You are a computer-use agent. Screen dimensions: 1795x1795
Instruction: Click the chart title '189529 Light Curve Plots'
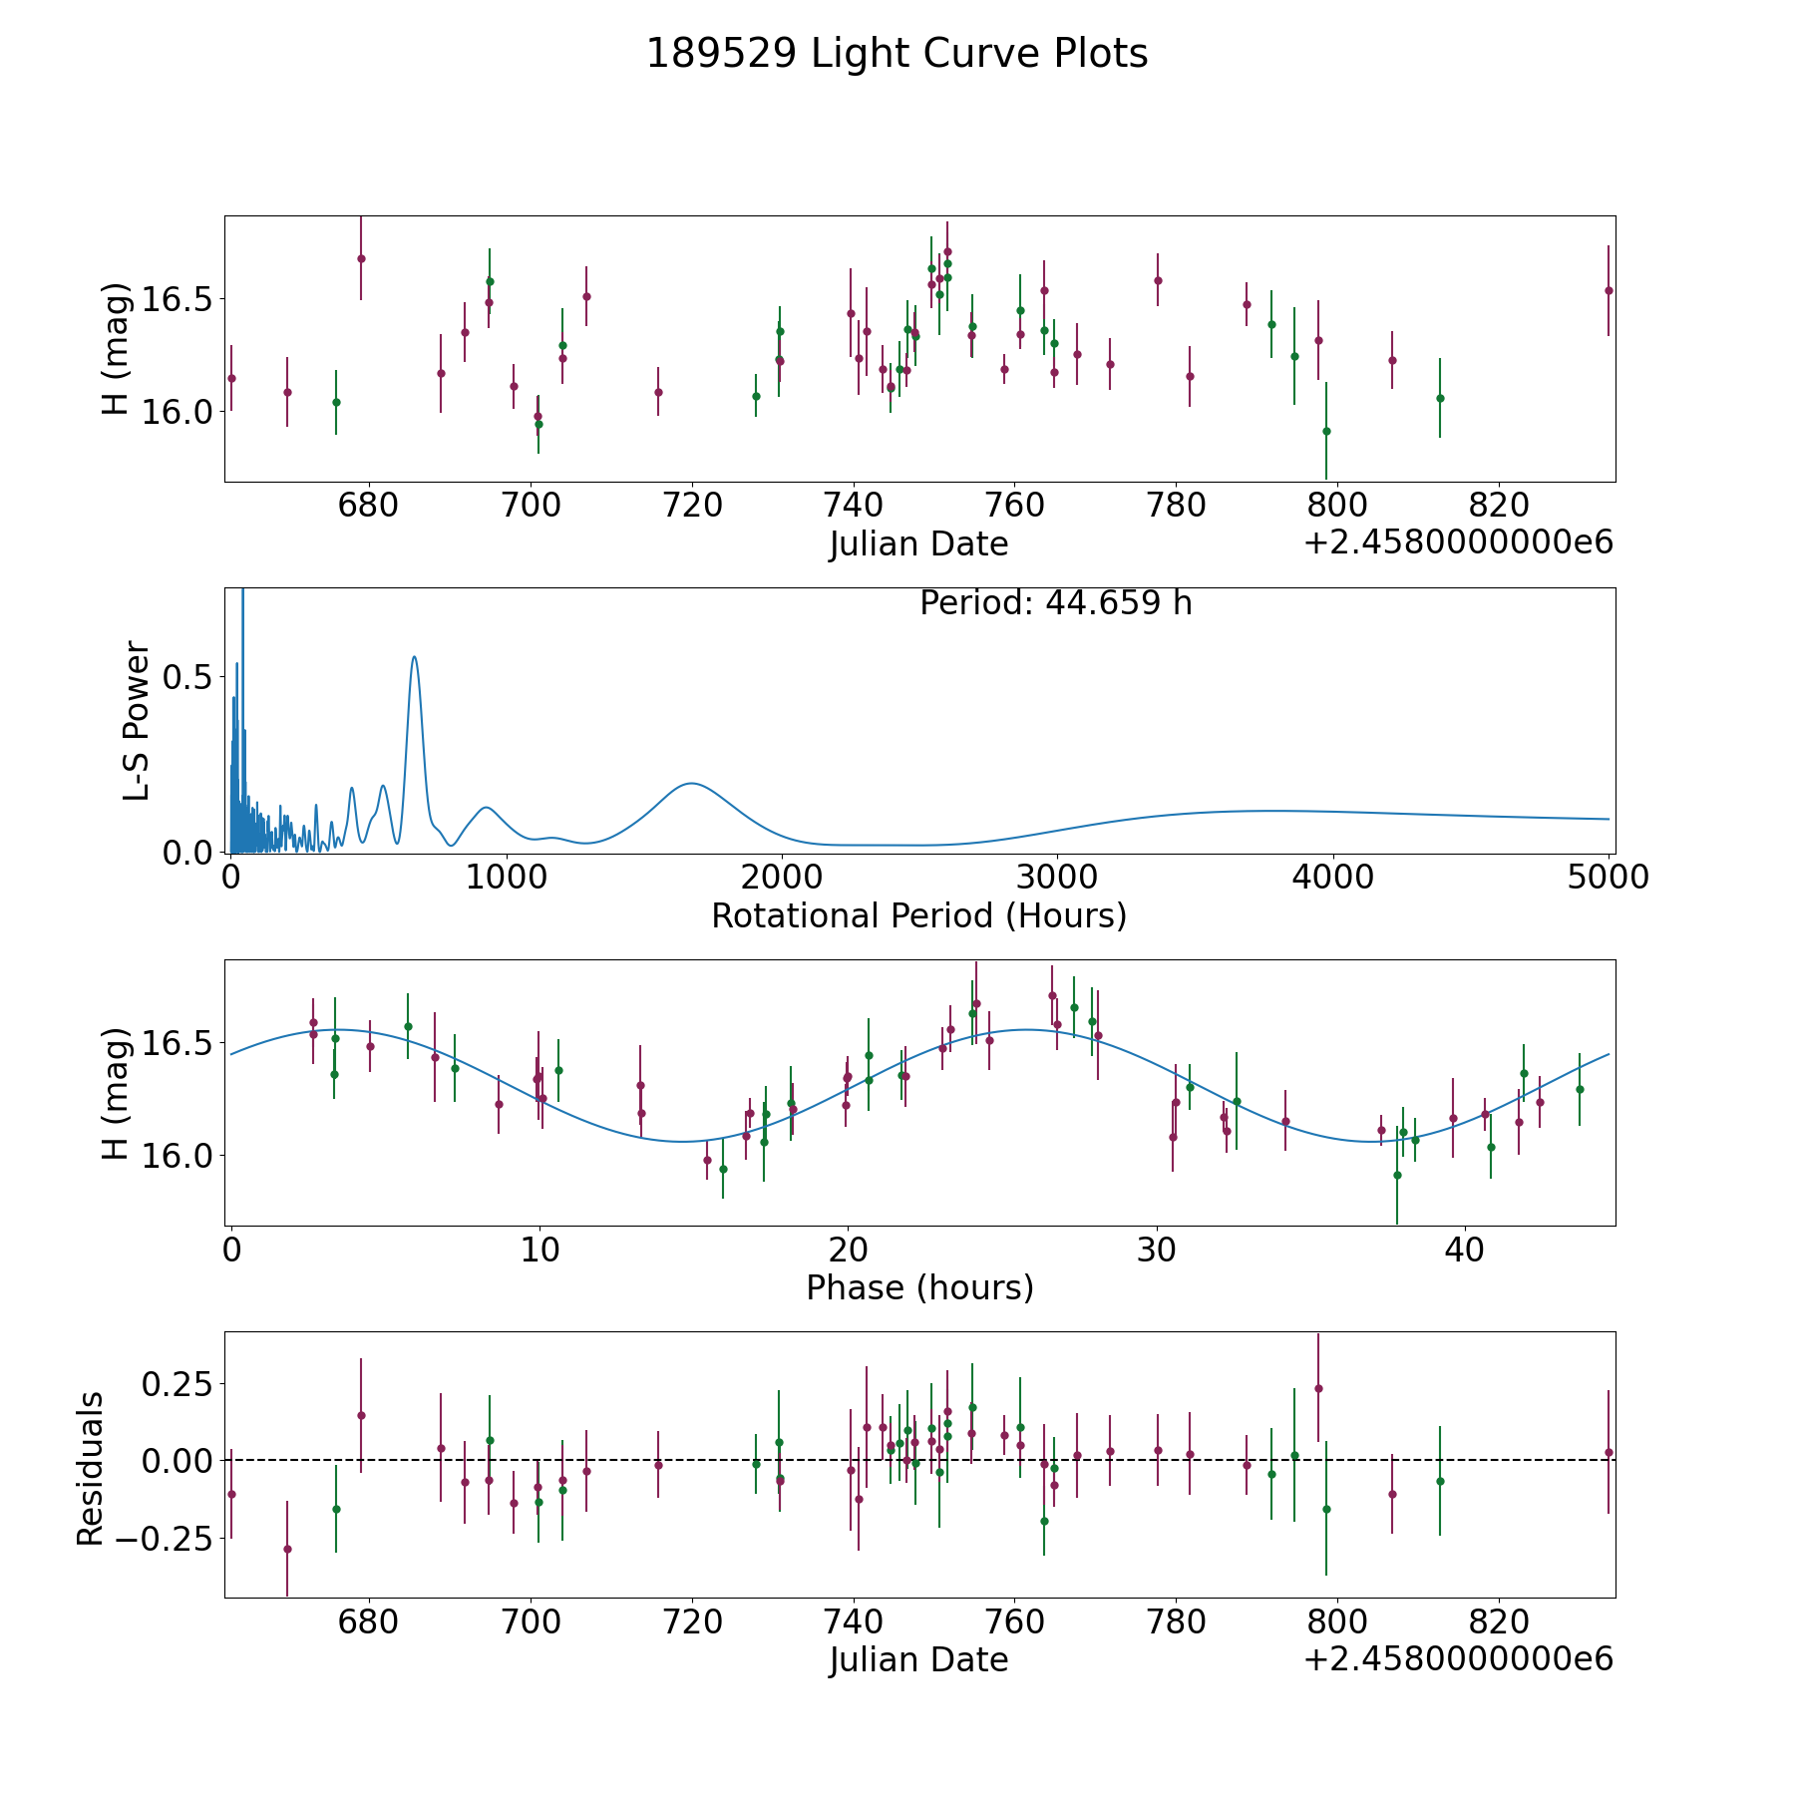tap(897, 54)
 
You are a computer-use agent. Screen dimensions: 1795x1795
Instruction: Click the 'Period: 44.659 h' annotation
tap(1055, 603)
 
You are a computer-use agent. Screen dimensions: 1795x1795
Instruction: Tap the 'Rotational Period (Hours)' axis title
tap(918, 915)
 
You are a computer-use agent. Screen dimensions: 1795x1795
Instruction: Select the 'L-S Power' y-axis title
tap(137, 720)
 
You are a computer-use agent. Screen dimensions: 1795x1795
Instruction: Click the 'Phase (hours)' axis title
tap(919, 1287)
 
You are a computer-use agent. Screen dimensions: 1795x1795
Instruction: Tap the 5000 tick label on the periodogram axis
tap(1608, 878)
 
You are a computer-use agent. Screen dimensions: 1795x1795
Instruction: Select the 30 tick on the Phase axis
tap(1156, 1250)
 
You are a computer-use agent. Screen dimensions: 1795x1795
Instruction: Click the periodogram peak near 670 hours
tap(414, 656)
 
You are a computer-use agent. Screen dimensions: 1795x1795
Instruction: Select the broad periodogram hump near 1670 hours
tap(690, 784)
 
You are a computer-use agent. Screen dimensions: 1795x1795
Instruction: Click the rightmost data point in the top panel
tap(1608, 290)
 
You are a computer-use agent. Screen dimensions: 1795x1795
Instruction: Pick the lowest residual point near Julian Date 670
tap(287, 1549)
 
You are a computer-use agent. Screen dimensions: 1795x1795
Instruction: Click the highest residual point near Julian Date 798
tap(1318, 1388)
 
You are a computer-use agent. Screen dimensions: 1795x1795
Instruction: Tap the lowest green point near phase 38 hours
tap(1397, 1175)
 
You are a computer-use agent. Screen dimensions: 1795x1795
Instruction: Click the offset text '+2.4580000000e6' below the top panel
tap(1458, 543)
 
